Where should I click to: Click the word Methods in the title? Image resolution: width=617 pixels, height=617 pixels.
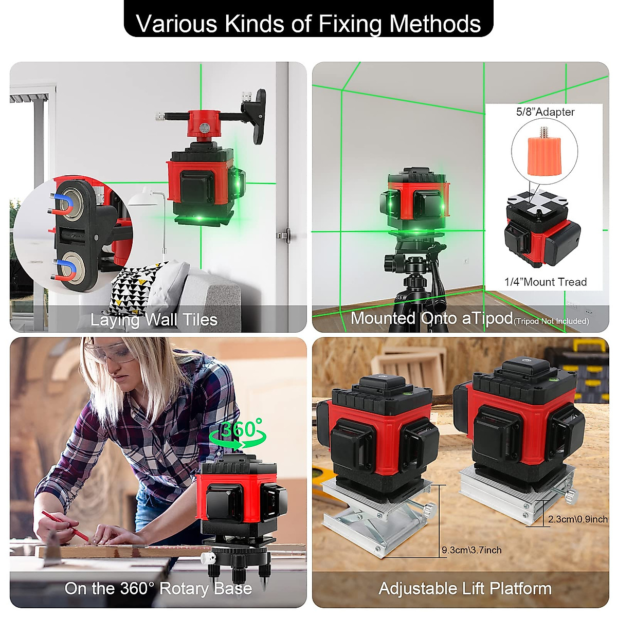[435, 24]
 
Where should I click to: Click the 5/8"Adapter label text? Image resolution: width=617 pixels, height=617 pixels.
[545, 112]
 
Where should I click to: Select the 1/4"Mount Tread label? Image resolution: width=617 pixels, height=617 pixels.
[545, 282]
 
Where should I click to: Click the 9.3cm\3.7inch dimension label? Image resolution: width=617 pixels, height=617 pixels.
[471, 550]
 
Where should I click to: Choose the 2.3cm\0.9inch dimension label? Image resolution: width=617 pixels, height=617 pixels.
[577, 519]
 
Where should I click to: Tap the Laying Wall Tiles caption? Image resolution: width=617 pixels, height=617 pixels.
[154, 320]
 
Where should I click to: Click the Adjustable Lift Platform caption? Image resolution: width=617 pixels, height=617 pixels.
[465, 588]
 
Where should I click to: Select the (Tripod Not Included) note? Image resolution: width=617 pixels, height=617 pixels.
[551, 321]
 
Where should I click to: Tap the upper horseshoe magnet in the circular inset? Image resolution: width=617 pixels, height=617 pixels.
[62, 204]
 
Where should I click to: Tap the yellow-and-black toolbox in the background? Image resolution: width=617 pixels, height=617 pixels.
[576, 365]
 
